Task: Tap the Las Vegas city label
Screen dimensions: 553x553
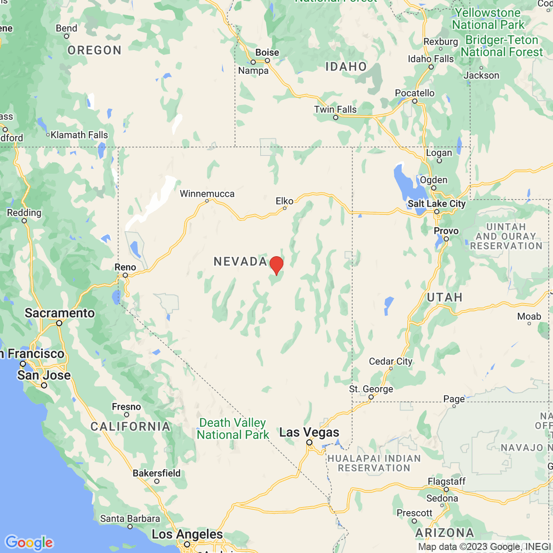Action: [x=309, y=433]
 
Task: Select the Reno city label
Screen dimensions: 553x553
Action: [x=125, y=267]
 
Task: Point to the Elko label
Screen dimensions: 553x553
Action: [x=284, y=201]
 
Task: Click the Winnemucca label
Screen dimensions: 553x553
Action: [x=207, y=194]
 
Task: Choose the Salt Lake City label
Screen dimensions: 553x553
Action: [x=436, y=204]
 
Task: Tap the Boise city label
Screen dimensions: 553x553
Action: [x=267, y=53]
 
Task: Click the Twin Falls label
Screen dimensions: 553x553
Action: [x=335, y=110]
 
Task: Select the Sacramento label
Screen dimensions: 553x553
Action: [x=59, y=313]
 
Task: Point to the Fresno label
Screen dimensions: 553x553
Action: [x=126, y=407]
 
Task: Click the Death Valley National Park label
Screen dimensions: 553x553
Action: [x=233, y=429]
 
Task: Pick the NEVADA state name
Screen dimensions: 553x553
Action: [x=240, y=262]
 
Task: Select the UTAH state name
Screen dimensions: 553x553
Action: [x=444, y=297]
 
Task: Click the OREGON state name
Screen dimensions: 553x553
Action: [x=94, y=50]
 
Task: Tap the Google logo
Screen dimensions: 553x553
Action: [x=29, y=542]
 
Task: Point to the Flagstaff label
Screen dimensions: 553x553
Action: [x=446, y=482]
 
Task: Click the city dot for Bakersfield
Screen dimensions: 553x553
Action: [x=157, y=482]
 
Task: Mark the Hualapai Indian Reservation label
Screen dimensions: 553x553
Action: [x=374, y=463]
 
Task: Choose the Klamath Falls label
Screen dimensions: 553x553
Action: [x=79, y=135]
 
